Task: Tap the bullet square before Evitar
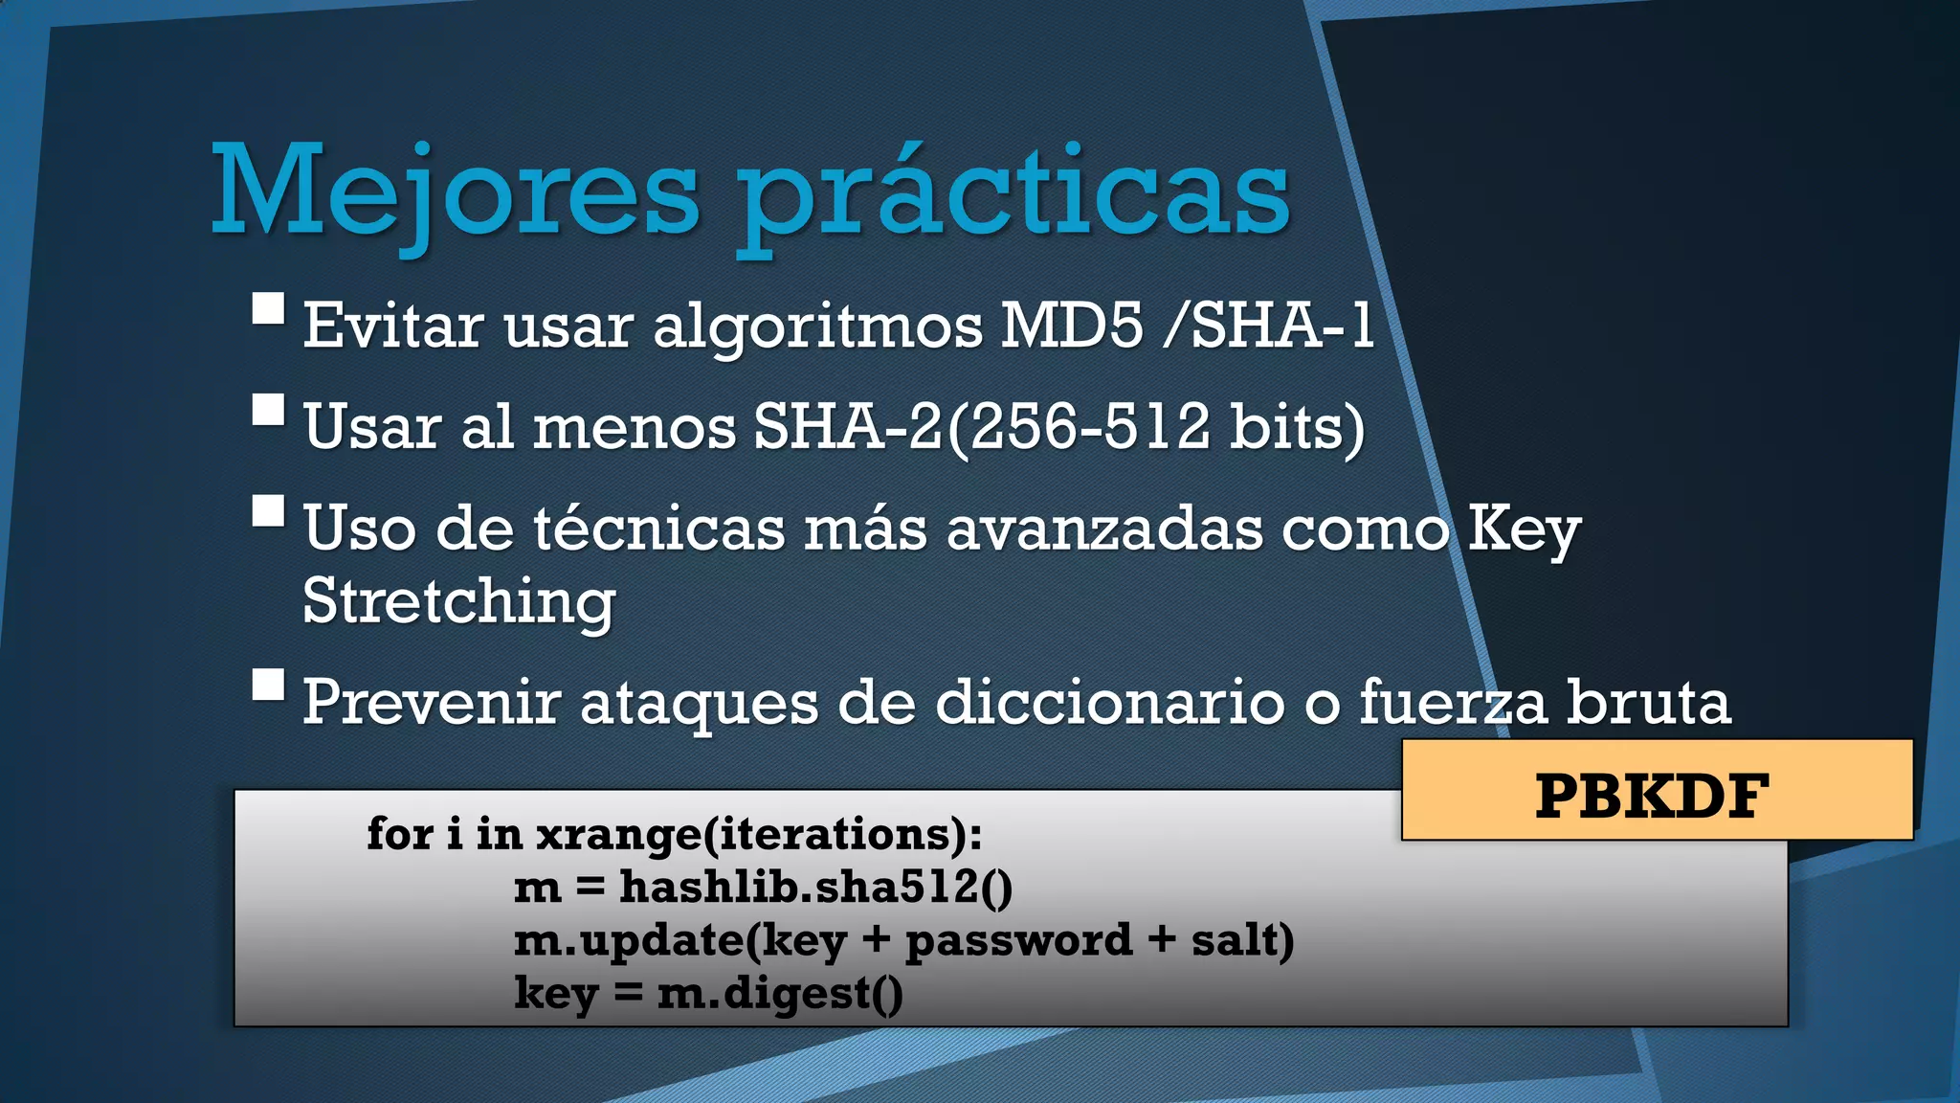click(269, 309)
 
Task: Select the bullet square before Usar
click(269, 410)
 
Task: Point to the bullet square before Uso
click(269, 510)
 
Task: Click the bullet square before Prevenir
click(269, 686)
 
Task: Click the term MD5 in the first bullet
click(1072, 325)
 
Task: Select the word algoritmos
click(818, 327)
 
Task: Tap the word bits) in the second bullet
click(1297, 427)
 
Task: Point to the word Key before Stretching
click(1524, 529)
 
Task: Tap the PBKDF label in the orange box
click(1653, 796)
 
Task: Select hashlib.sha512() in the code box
click(815, 887)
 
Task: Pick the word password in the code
click(1018, 940)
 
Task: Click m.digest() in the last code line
click(780, 993)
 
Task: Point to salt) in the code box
click(1242, 939)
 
